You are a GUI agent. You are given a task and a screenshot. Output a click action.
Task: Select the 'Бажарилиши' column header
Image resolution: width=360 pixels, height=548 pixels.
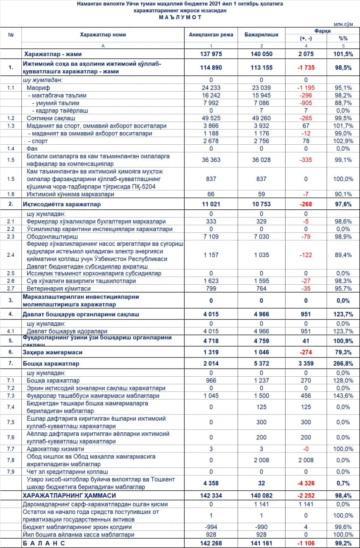tap(262, 35)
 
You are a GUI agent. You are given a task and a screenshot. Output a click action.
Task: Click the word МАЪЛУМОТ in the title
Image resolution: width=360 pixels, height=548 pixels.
tap(180, 17)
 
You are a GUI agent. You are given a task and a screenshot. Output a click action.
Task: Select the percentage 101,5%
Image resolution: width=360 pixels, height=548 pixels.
tap(343, 54)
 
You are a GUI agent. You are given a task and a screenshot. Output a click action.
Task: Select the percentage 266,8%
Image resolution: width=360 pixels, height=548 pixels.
tap(343, 363)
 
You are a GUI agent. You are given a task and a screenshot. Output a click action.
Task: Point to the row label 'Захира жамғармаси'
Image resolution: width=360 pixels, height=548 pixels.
tap(52, 352)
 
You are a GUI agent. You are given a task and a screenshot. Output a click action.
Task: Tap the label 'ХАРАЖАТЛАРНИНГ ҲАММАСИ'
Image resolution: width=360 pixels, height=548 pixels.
tap(69, 495)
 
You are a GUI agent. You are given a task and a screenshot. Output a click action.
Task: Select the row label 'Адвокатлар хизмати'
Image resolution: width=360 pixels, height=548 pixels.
tap(55, 449)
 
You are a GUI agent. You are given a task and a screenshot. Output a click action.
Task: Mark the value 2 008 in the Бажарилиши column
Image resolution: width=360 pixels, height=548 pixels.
tap(262, 460)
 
